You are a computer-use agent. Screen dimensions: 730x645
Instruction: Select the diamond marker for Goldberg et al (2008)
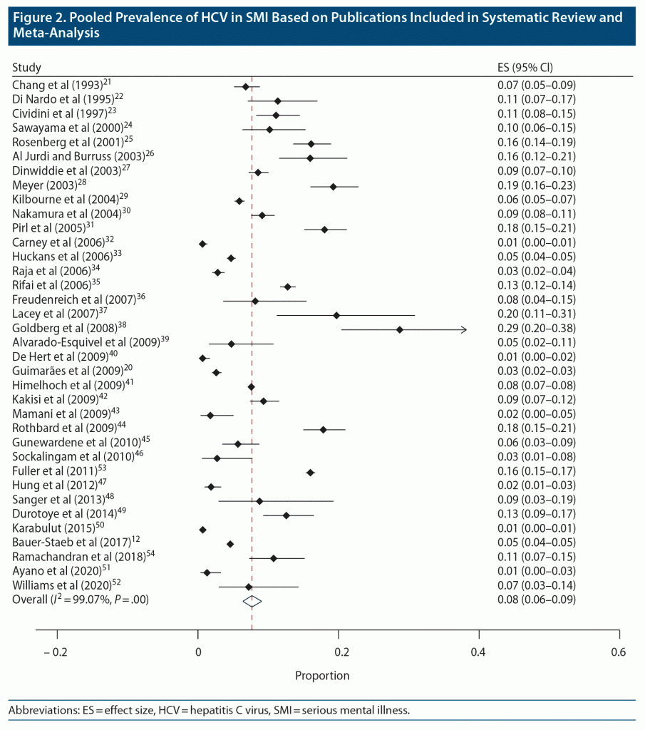399,329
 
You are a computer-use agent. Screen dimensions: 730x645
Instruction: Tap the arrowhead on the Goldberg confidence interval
464,329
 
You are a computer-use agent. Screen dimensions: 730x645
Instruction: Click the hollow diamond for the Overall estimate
252,601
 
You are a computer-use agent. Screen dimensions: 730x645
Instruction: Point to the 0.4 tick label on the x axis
478,652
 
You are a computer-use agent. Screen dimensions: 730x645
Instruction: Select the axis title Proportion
322,675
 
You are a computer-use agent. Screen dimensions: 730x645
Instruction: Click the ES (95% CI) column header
525,68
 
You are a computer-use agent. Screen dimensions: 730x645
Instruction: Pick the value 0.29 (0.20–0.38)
546,329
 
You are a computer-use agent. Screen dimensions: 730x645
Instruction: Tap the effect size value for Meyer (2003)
546,186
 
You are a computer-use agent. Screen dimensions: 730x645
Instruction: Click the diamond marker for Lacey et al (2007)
336,315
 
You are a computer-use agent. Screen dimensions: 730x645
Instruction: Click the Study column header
27,68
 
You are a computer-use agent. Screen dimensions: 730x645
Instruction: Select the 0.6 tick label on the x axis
619,652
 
